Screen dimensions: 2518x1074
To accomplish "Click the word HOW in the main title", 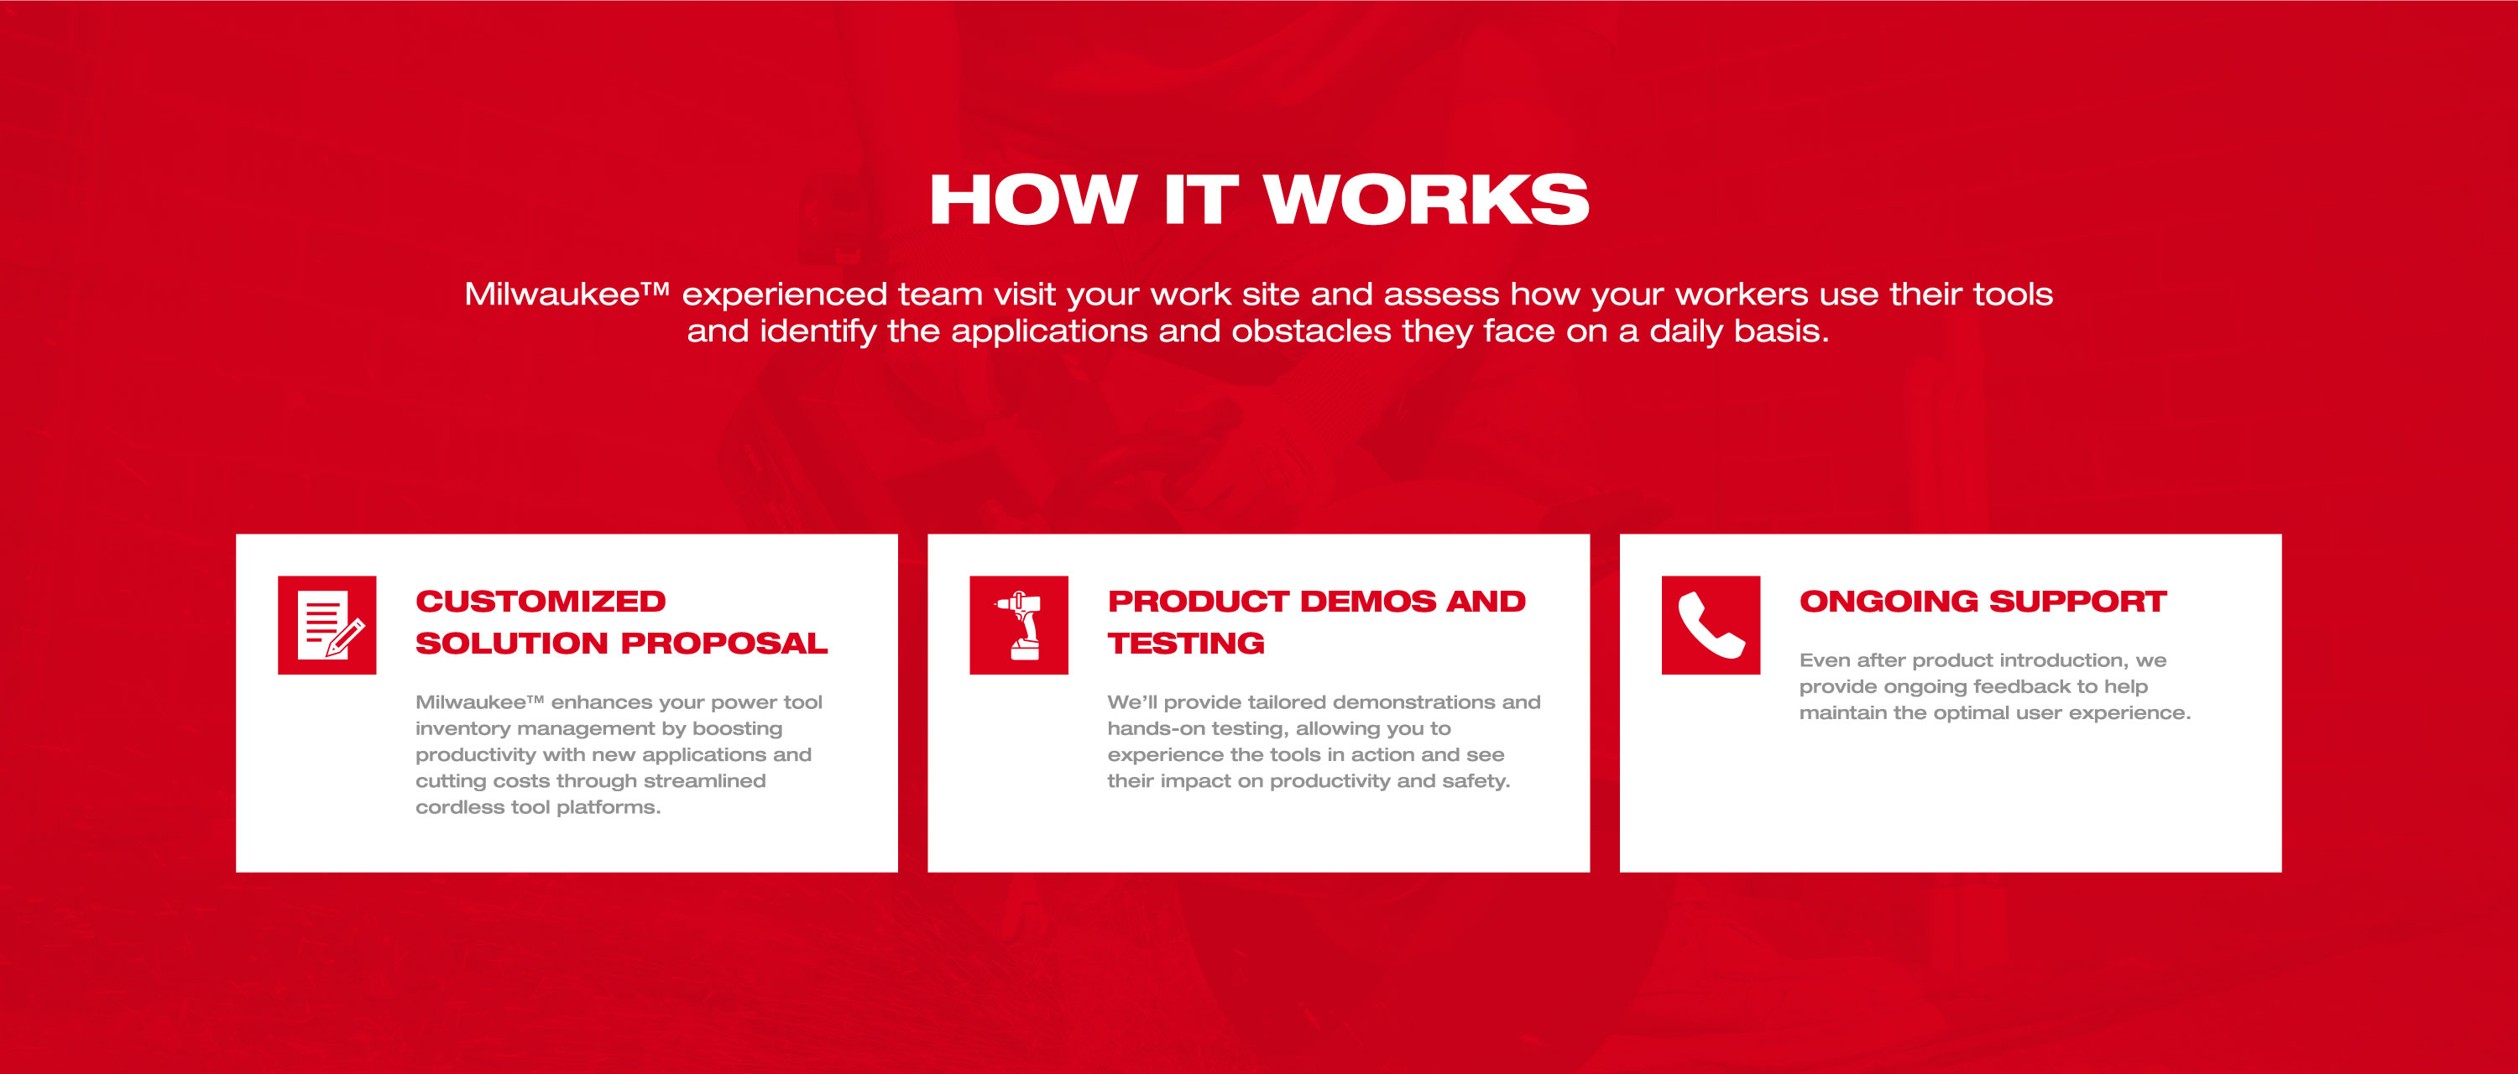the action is click(x=1033, y=201).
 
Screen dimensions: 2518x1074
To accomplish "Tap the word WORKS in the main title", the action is click(x=1427, y=201).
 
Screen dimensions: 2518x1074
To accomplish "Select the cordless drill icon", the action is click(x=1019, y=625).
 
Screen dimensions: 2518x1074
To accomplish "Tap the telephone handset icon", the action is click(x=1711, y=625).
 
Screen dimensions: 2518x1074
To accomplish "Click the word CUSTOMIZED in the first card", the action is click(x=541, y=601).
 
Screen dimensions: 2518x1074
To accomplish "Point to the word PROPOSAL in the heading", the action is click(x=724, y=643).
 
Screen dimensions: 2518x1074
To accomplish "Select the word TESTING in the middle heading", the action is click(x=1186, y=643).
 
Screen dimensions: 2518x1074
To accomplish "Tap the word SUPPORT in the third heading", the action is click(x=2078, y=601).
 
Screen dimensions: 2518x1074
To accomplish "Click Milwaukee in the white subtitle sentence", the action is click(x=552, y=295).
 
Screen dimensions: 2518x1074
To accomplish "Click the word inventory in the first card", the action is click(x=462, y=729).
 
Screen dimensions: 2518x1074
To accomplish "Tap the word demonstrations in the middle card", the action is click(x=1408, y=702).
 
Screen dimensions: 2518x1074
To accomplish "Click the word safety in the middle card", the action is click(x=1482, y=782).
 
